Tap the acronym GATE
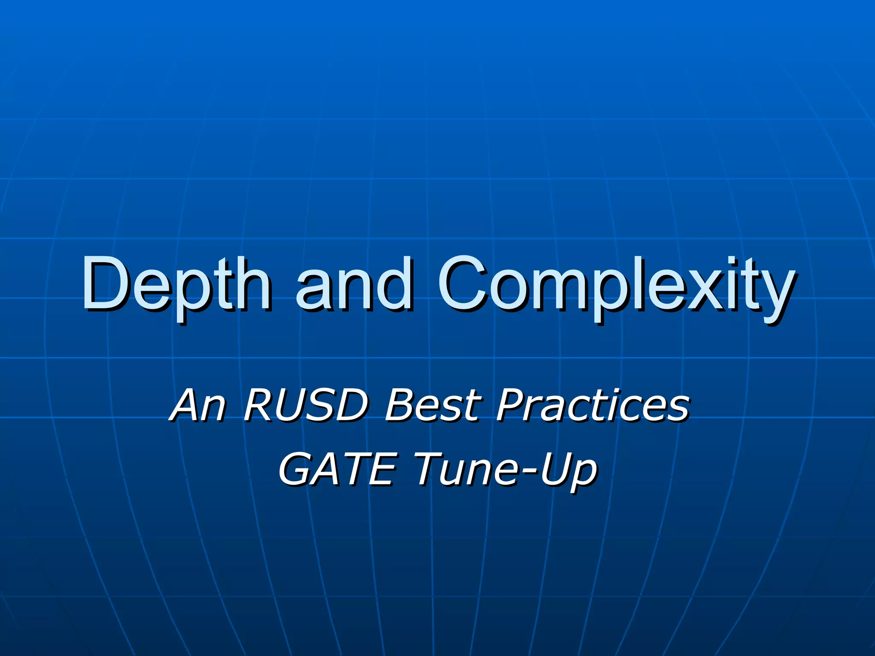338,469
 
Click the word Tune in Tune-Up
464,469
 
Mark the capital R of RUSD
261,404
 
